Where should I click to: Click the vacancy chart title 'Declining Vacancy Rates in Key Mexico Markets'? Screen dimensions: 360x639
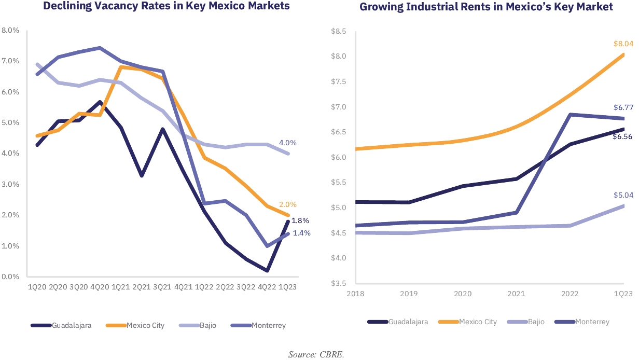[166, 7]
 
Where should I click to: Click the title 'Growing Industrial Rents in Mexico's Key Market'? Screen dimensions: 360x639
[486, 7]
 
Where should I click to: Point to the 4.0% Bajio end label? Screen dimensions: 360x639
[302, 143]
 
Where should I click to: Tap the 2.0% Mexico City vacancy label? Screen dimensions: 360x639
[302, 204]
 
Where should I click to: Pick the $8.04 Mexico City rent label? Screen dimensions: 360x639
[623, 44]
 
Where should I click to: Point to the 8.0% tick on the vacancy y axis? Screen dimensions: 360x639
[11, 31]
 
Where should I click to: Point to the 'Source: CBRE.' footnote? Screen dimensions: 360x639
[316, 355]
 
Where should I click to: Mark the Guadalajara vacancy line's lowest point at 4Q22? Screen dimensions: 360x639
[267, 270]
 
